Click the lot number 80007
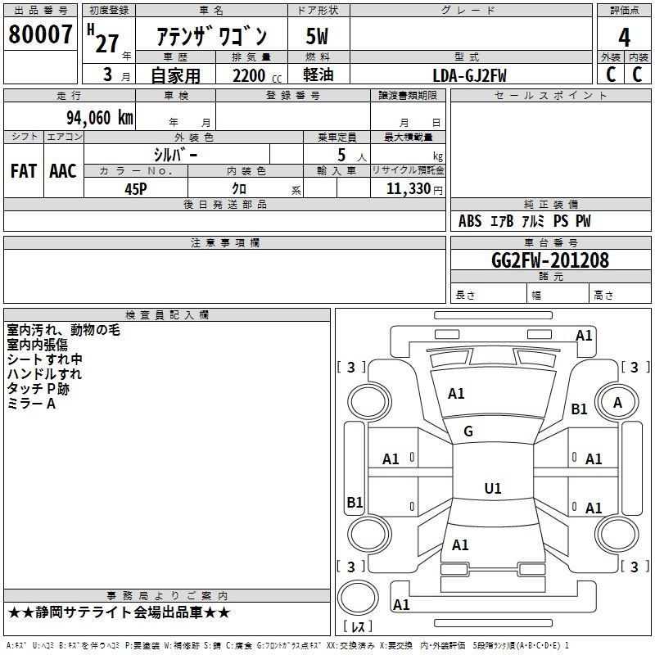(x=40, y=34)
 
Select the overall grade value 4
(x=624, y=37)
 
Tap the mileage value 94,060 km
(x=100, y=118)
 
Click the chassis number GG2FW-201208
(x=550, y=260)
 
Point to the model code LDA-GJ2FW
(x=469, y=75)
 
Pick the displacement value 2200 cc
(x=257, y=75)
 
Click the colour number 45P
(x=136, y=189)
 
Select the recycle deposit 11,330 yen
(x=414, y=189)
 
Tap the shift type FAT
(x=24, y=171)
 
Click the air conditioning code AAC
(x=63, y=171)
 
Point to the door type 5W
(x=317, y=36)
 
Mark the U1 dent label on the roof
(x=493, y=488)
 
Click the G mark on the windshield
(x=468, y=431)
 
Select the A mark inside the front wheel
(x=617, y=402)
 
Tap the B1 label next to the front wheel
(x=579, y=409)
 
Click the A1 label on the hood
(x=456, y=393)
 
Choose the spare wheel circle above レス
(x=358, y=598)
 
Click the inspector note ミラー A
(x=31, y=404)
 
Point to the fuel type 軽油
(x=318, y=75)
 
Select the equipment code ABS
(x=470, y=221)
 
